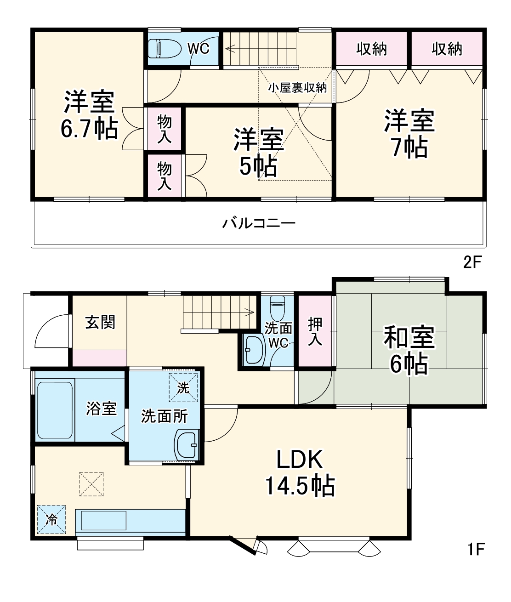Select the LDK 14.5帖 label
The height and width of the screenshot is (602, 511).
point(299,472)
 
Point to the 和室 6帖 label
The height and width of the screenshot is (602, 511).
point(409,351)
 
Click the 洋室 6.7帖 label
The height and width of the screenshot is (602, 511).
point(89,115)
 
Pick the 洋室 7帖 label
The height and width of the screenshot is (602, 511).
point(409,133)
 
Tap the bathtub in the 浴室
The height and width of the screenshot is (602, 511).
point(54,409)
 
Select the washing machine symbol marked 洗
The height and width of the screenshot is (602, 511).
point(183,387)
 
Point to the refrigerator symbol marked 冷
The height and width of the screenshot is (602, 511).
point(51,519)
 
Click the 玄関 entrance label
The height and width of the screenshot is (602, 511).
point(100,323)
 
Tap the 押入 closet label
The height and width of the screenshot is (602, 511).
point(315,331)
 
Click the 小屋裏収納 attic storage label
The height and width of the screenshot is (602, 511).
point(297,88)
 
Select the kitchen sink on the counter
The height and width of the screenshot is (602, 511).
point(103,521)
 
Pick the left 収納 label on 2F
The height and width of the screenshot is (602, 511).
point(371,49)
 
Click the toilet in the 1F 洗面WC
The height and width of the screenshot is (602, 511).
point(277,309)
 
